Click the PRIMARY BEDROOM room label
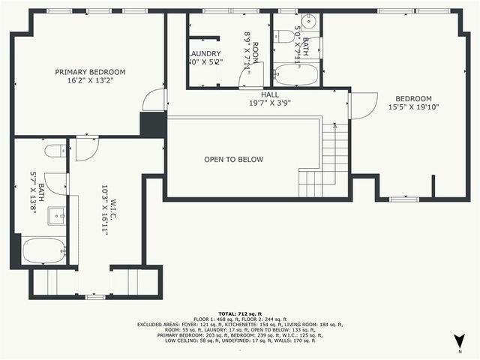click(90, 72)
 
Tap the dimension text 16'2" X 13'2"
click(90, 82)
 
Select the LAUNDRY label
click(204, 54)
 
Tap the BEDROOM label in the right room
click(413, 99)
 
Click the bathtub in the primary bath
click(43, 250)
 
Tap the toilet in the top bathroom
click(283, 37)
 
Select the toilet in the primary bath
click(55, 151)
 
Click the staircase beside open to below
click(329, 161)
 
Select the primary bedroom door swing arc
click(154, 100)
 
